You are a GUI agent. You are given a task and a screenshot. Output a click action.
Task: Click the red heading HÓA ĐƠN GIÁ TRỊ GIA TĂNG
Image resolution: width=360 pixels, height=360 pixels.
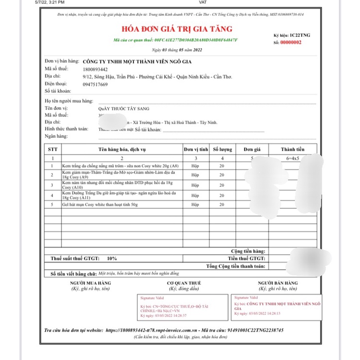(179, 29)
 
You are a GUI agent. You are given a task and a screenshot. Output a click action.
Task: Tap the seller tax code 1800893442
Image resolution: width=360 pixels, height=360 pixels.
(95, 69)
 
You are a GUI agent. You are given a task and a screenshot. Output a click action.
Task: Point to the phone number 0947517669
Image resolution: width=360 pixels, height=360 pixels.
(95, 84)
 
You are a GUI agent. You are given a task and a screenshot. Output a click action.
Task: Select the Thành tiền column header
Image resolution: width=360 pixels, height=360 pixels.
(292, 149)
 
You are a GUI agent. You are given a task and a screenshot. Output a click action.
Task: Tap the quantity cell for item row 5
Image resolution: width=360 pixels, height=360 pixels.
(222, 205)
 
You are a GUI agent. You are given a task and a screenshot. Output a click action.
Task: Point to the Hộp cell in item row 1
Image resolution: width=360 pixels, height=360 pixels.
(195, 165)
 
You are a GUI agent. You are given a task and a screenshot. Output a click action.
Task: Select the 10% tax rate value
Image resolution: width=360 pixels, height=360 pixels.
(111, 258)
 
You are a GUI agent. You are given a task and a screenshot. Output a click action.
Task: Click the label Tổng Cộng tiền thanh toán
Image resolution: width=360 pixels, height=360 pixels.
(236, 266)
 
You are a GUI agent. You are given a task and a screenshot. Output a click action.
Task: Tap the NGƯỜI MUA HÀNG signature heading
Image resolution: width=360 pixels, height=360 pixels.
(89, 283)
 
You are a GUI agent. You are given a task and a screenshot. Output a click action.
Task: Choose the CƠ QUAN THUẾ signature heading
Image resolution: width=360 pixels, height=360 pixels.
(184, 283)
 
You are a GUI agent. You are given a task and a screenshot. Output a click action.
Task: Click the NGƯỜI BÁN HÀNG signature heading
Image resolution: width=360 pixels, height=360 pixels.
(278, 283)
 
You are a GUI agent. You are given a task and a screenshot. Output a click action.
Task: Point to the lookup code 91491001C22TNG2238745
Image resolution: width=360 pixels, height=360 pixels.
(257, 330)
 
